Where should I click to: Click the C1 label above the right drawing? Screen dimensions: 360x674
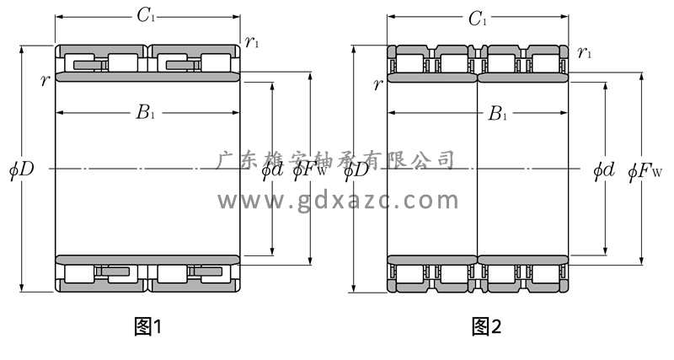coord(478,19)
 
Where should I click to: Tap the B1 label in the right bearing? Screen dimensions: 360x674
coord(498,113)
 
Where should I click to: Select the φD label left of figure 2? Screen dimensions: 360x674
coord(356,169)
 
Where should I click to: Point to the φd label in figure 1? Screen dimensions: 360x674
coord(272,169)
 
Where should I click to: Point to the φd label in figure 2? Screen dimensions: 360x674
coord(604,169)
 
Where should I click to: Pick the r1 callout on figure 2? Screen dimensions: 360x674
coord(585,53)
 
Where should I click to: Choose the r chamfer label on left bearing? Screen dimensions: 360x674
coord(43,80)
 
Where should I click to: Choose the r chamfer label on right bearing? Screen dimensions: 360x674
coord(377,83)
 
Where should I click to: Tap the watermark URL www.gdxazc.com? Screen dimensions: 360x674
coord(338,200)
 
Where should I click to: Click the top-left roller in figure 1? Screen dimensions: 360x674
coord(84,62)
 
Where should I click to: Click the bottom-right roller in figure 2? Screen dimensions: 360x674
coord(548,274)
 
